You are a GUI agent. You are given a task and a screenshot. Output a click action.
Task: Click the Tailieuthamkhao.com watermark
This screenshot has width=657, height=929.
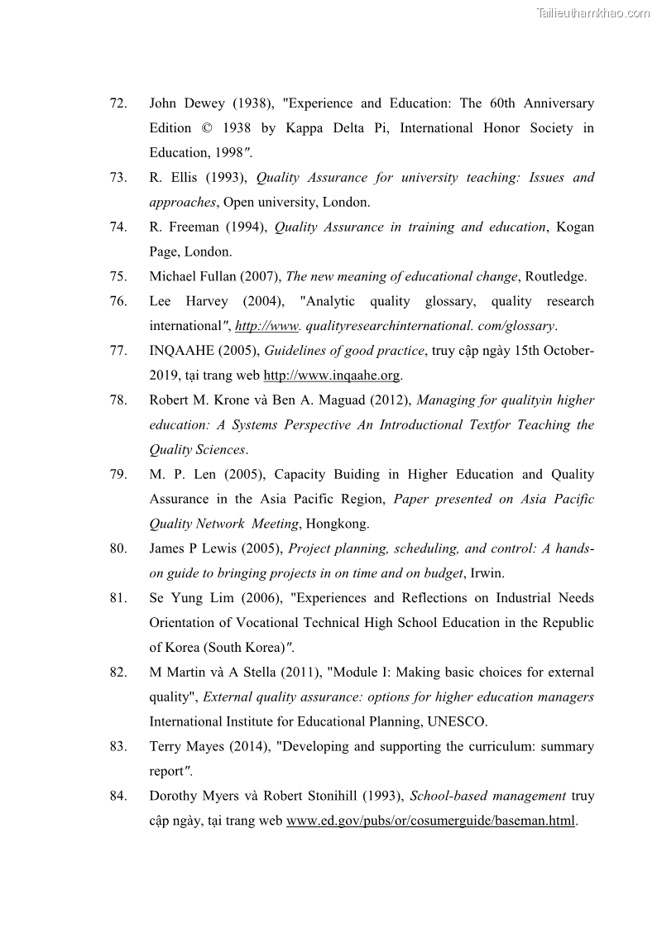(593, 12)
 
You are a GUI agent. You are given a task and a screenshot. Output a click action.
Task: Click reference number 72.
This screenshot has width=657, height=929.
(117, 103)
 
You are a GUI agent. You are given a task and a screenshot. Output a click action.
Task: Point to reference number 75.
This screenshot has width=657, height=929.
(117, 276)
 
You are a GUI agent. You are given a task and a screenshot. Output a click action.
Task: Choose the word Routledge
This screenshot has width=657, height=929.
(556, 276)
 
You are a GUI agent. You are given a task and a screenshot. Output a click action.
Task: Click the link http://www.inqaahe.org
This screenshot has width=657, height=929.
(331, 376)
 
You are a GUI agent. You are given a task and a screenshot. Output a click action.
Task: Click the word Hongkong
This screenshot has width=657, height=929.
(337, 524)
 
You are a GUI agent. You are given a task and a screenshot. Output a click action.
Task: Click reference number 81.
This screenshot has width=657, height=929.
(117, 598)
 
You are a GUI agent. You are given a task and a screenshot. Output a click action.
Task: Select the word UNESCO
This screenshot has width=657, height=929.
(457, 721)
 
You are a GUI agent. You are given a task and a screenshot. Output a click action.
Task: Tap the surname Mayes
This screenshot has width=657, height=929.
(217, 746)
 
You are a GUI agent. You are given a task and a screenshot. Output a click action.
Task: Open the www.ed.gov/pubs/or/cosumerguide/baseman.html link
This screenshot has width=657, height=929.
(430, 821)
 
